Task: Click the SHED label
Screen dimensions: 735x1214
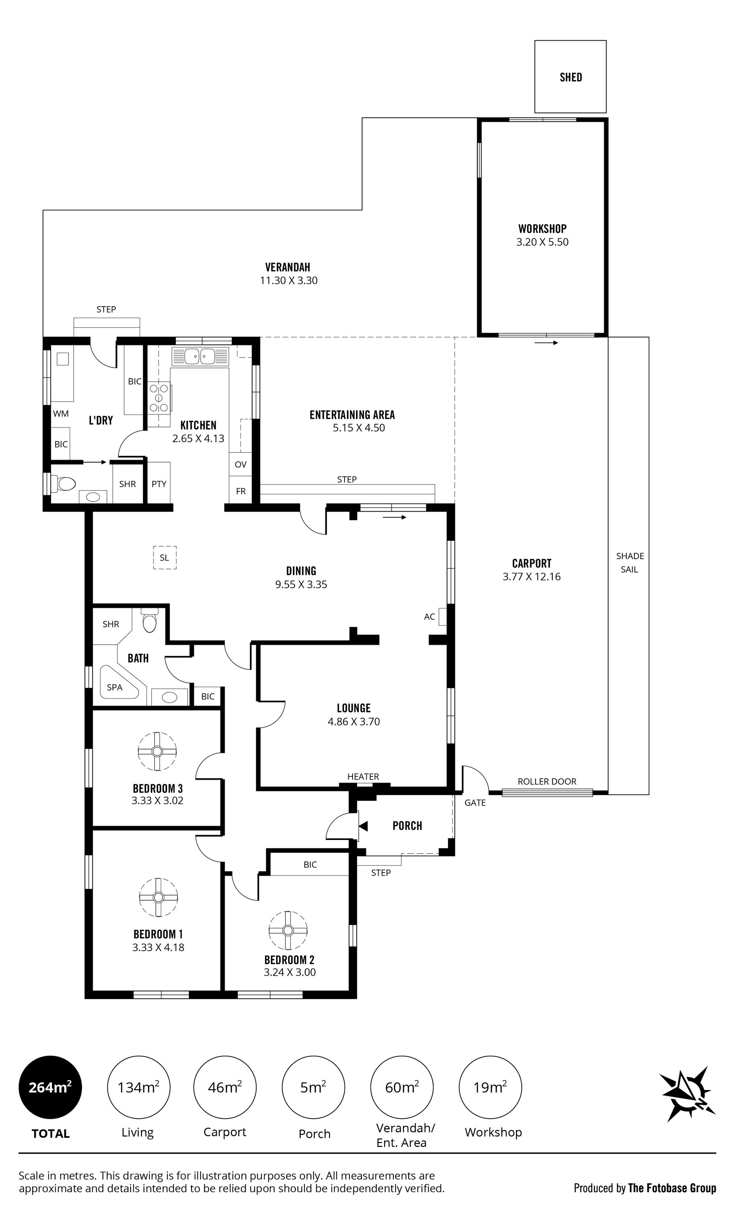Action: [x=570, y=77]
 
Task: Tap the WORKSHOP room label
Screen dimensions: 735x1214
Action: [x=542, y=229]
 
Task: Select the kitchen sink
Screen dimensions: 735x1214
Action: [x=200, y=356]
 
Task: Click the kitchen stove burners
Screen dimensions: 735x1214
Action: [x=159, y=398]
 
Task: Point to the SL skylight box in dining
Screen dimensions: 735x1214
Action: [x=165, y=558]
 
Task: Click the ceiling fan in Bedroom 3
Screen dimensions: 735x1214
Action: [x=157, y=751]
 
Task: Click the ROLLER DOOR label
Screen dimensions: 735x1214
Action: [x=547, y=781]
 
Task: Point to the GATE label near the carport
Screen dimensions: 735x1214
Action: [x=475, y=802]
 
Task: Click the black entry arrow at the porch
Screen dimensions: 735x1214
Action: [x=363, y=826]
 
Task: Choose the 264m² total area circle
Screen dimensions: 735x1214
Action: [x=50, y=1087]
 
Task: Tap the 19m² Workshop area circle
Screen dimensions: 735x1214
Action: [x=490, y=1087]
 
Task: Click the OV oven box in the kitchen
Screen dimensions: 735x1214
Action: [x=240, y=464]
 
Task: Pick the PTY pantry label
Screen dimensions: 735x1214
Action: [x=159, y=484]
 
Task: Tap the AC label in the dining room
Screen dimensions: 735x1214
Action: [x=429, y=616]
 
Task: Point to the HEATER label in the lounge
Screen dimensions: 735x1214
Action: [x=363, y=776]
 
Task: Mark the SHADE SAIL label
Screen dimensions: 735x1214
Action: [x=630, y=563]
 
